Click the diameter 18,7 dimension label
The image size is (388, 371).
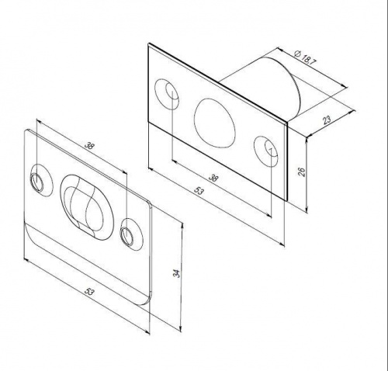pyautogui.click(x=305, y=59)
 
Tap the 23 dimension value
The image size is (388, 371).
pyautogui.click(x=327, y=120)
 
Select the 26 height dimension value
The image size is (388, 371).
pyautogui.click(x=302, y=172)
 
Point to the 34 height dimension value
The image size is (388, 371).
pyautogui.click(x=176, y=273)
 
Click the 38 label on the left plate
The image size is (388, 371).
pyautogui.click(x=89, y=146)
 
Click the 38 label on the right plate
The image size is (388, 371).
pyautogui.click(x=213, y=178)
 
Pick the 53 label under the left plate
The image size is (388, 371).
pyautogui.click(x=89, y=292)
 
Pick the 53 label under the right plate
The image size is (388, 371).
pyautogui.click(x=199, y=191)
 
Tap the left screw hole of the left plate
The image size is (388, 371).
pyautogui.click(x=37, y=182)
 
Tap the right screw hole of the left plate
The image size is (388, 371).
pyautogui.click(x=127, y=235)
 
